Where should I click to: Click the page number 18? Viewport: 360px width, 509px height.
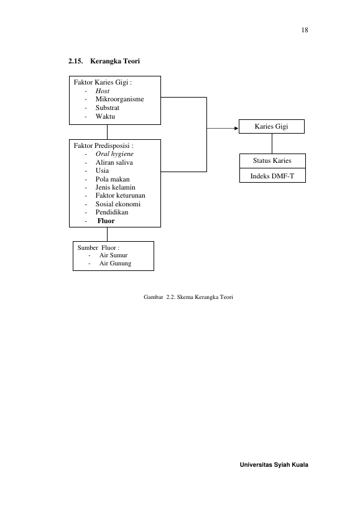pyautogui.click(x=305, y=30)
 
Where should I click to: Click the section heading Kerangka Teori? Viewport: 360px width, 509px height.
pyautogui.click(x=115, y=61)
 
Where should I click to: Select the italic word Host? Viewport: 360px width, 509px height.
pyautogui.click(x=102, y=91)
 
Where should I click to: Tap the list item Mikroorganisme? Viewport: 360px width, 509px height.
pyautogui.click(x=119, y=99)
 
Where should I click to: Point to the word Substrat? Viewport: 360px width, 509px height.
pyautogui.click(x=108, y=108)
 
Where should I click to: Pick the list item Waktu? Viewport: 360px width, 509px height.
pyautogui.click(x=105, y=116)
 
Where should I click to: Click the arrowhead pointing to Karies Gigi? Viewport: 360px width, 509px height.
pyautogui.click(x=237, y=128)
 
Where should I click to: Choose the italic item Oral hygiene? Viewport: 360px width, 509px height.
pyautogui.click(x=114, y=154)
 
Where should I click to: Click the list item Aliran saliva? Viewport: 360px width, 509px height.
pyautogui.click(x=114, y=162)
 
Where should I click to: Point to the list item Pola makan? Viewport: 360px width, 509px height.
pyautogui.click(x=113, y=179)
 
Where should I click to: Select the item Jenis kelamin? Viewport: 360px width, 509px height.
pyautogui.click(x=115, y=187)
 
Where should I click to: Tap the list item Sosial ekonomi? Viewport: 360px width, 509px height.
pyautogui.click(x=118, y=204)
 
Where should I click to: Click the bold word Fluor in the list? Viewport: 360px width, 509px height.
pyautogui.click(x=106, y=221)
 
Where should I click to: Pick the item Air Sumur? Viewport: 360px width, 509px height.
pyautogui.click(x=113, y=255)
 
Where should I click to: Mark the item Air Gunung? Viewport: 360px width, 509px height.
pyautogui.click(x=115, y=264)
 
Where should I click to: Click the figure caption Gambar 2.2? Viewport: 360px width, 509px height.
pyautogui.click(x=188, y=297)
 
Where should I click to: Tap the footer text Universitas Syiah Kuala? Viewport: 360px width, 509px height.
pyautogui.click(x=274, y=464)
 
